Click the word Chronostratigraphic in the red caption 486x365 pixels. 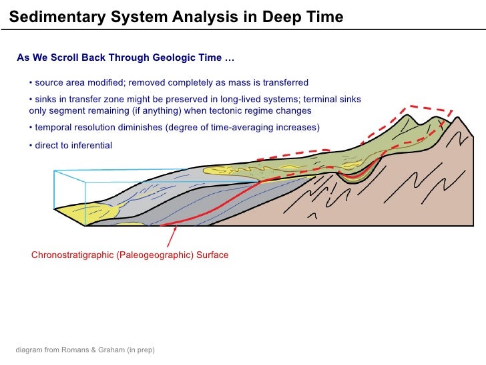[72, 255]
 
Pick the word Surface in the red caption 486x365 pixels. [212, 255]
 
